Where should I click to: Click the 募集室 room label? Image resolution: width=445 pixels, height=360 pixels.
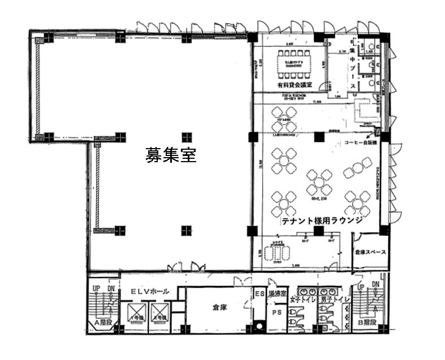tap(171, 155)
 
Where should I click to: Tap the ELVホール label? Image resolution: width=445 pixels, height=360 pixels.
tap(149, 292)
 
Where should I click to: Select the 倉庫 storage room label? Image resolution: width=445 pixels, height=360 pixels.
tap(219, 308)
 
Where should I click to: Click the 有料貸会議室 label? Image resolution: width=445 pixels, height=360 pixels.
tap(290, 85)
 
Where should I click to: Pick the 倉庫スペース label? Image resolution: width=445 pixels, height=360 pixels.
tap(370, 252)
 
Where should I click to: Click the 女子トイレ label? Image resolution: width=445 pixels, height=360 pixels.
tap(301, 298)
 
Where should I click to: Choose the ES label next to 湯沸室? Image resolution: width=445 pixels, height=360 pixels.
tap(259, 293)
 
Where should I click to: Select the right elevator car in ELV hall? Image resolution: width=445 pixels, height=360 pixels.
tap(160, 313)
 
